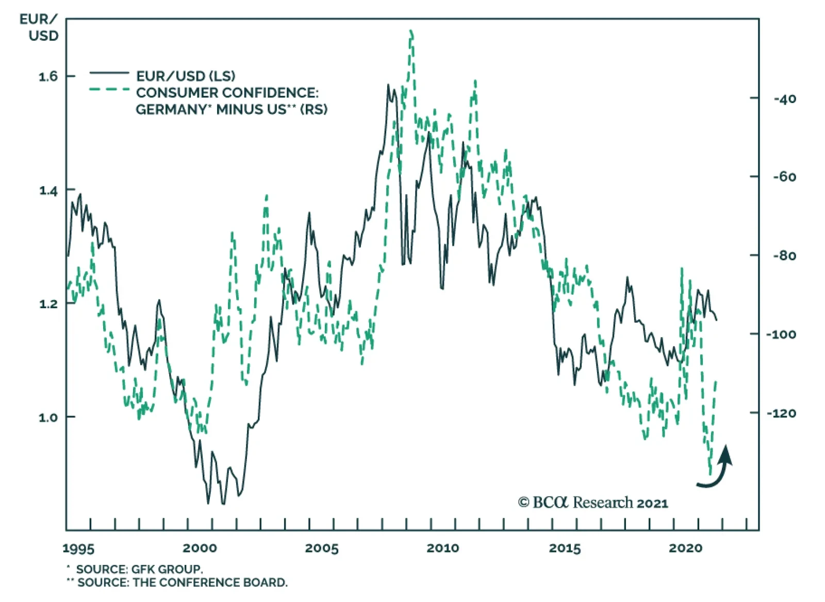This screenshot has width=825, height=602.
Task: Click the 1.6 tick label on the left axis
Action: [48, 77]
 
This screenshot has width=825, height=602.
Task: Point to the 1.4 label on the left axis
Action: [48, 191]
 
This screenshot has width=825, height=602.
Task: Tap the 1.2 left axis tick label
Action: [48, 304]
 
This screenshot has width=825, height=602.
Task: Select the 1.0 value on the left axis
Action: [48, 417]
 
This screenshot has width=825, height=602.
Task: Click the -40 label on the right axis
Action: [785, 99]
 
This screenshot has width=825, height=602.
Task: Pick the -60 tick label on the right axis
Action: [785, 177]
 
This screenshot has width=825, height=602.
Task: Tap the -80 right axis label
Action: [785, 256]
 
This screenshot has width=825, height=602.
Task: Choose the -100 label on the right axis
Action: [781, 335]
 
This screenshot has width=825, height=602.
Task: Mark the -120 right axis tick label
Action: [781, 413]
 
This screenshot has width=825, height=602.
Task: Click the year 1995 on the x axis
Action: [78, 548]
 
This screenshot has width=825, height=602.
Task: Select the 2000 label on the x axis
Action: [200, 548]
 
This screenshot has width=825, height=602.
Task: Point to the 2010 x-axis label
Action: [443, 548]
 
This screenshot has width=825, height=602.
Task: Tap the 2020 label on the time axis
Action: [686, 548]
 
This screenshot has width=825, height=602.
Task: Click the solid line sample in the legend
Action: [109, 73]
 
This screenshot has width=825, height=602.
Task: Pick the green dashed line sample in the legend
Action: [109, 90]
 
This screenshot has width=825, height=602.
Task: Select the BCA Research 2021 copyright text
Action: [593, 503]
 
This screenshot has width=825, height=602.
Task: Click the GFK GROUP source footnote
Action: [139, 570]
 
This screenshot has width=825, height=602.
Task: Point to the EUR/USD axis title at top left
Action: [39, 27]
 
